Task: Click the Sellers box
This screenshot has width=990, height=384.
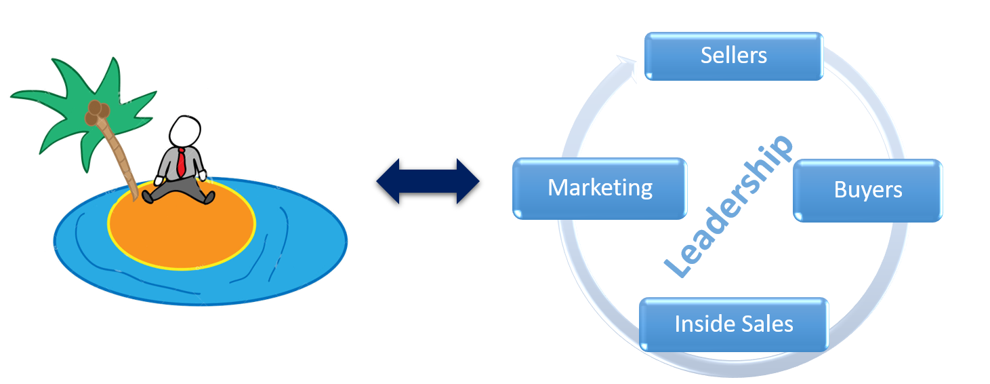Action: pyautogui.click(x=733, y=56)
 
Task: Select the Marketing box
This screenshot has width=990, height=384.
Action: pyautogui.click(x=600, y=188)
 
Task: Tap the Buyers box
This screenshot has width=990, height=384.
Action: pyautogui.click(x=867, y=190)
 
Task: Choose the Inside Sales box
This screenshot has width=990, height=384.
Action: pyautogui.click(x=733, y=324)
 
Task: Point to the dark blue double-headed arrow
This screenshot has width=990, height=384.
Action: pyautogui.click(x=428, y=181)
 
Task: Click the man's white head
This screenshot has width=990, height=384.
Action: pyautogui.click(x=186, y=132)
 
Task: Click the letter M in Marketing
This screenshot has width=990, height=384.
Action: pyautogui.click(x=558, y=188)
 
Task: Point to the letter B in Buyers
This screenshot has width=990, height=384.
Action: pyautogui.click(x=840, y=190)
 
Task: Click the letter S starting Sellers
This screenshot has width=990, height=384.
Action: pyautogui.click(x=706, y=56)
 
